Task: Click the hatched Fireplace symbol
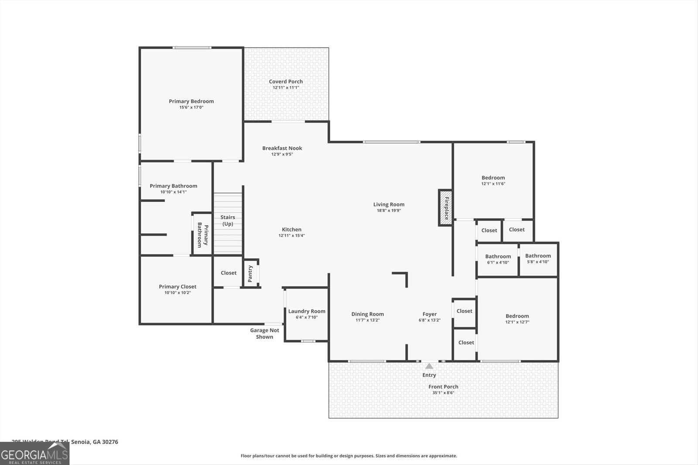(445, 207)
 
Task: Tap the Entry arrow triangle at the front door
(429, 366)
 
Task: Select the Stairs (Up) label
(228, 221)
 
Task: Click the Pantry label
(250, 274)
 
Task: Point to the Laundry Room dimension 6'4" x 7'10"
(307, 317)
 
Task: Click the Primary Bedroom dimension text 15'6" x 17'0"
(192, 107)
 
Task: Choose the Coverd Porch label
(286, 81)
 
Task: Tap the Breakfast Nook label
(282, 148)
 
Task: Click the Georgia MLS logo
(34, 453)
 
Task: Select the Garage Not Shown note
(264, 333)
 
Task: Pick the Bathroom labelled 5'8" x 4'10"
(538, 259)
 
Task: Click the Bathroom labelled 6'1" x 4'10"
(498, 259)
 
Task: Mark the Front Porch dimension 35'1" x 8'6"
(443, 393)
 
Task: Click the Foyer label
(430, 314)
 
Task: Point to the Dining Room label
(368, 314)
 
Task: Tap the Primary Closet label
(178, 286)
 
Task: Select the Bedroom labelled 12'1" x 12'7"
(517, 319)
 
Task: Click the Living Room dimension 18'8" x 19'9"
(389, 210)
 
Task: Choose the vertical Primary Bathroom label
(203, 235)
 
